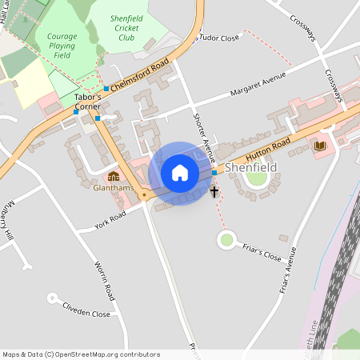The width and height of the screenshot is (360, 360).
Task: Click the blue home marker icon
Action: [180, 173]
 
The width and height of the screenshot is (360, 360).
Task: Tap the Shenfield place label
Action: [250, 169]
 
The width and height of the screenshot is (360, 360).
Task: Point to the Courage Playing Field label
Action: [62, 46]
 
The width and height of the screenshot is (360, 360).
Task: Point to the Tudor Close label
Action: [219, 38]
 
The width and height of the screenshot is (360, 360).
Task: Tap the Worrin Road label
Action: [105, 282]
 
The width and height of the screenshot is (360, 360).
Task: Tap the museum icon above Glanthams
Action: [113, 176]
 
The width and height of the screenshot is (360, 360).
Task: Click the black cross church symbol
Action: [214, 191]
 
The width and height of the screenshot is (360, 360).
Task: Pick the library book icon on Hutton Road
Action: [319, 146]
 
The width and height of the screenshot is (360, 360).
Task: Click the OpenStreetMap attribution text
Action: [81, 354]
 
